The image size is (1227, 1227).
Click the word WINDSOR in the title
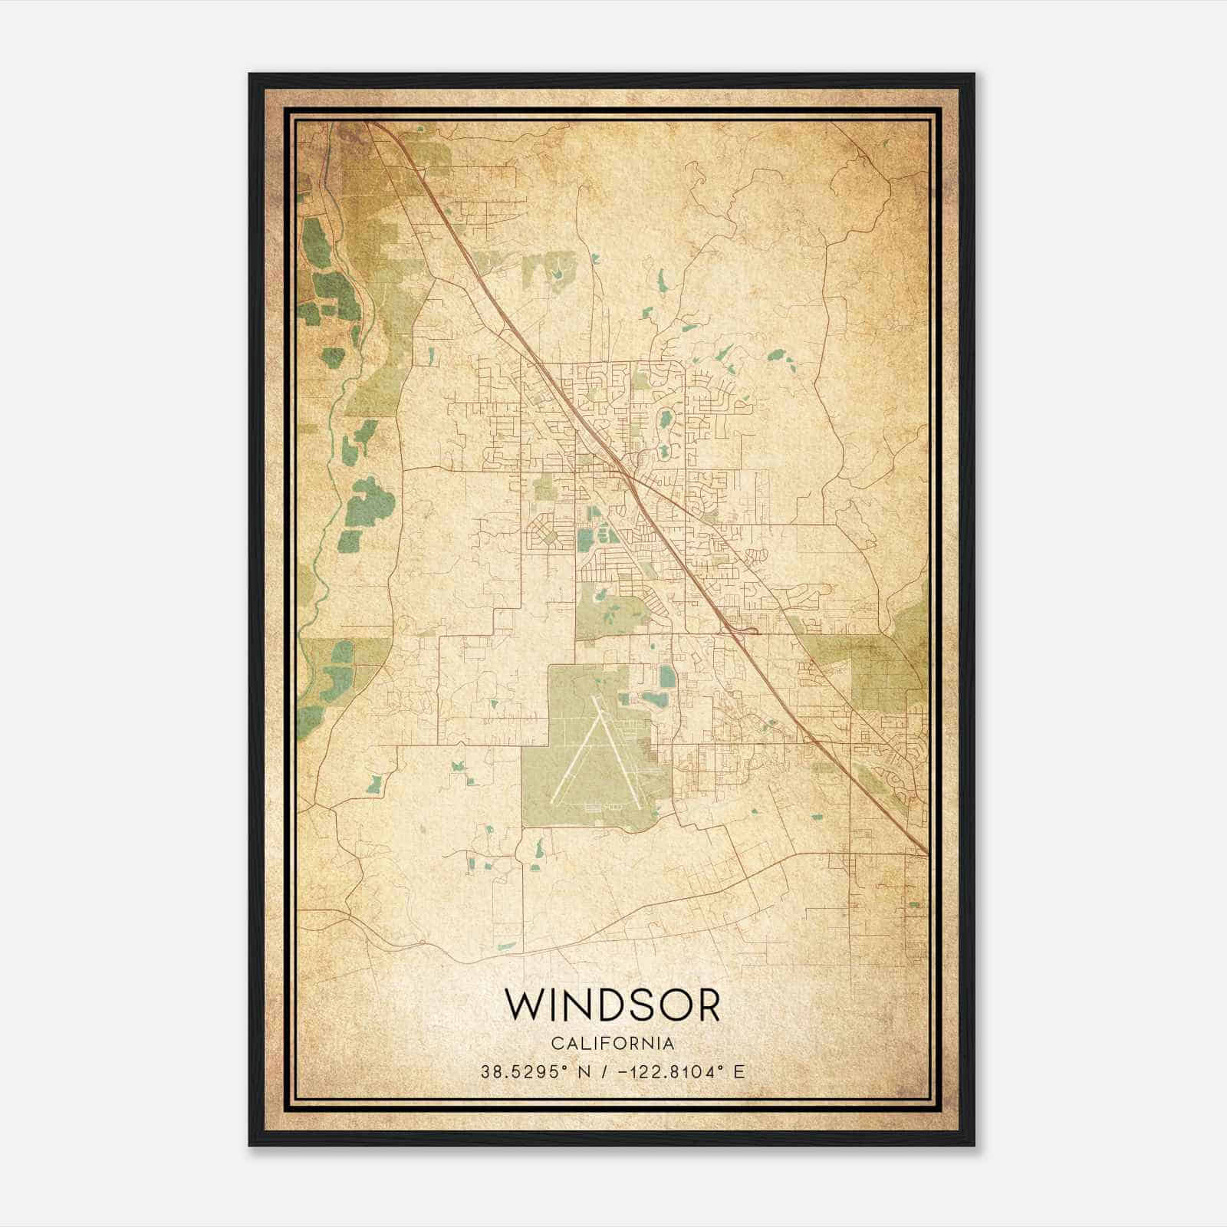(613, 1005)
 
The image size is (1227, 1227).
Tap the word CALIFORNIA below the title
(613, 1044)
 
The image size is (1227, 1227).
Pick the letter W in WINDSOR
(523, 1005)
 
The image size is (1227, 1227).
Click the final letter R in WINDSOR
(706, 1005)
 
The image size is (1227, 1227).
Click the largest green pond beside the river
(369, 502)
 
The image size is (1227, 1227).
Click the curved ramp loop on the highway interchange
(750, 630)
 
